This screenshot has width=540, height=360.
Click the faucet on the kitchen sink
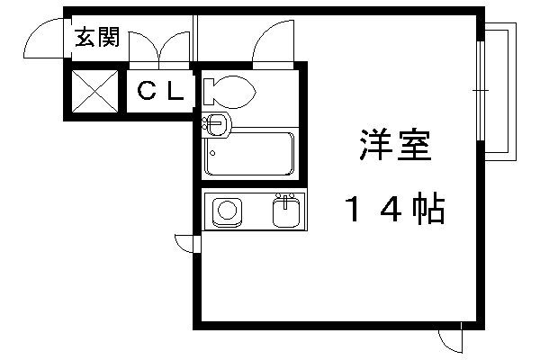click(286, 199)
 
